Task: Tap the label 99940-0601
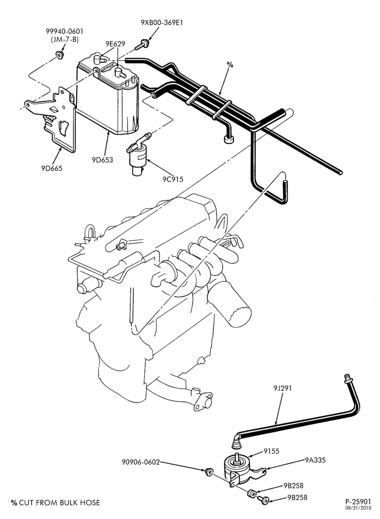coord(64,31)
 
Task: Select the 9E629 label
coord(115,44)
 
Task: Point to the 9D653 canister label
coord(102,160)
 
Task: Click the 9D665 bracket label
coord(51,168)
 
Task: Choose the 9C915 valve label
coord(173,179)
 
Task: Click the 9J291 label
coord(282,388)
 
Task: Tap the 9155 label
coord(272,451)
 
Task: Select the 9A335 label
coord(315,460)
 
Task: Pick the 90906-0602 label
coord(141,462)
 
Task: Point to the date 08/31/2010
coord(359,508)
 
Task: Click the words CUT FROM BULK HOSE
coord(60,502)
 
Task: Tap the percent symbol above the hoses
coord(230,64)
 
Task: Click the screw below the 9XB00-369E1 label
coord(142,45)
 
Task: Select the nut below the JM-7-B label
coord(60,55)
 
